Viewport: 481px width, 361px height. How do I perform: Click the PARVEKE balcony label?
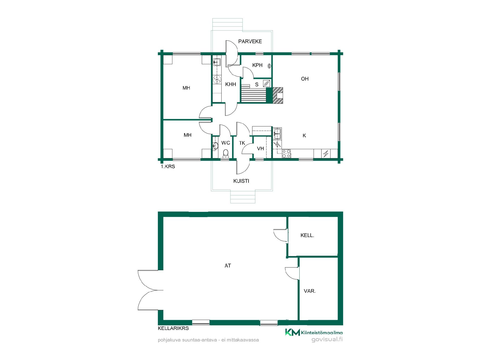pos(250,41)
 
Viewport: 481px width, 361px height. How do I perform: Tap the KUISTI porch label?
pos(241,181)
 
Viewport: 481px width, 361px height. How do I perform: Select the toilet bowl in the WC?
pos(226,153)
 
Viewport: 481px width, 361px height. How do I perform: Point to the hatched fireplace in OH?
pos(278,95)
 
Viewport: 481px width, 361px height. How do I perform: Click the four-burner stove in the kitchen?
pos(286,153)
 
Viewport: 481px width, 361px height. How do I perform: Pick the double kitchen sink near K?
pos(277,133)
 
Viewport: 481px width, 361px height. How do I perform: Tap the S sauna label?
pos(257,85)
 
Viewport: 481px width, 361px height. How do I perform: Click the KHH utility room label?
pos(230,84)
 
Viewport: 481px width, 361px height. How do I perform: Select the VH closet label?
pos(261,149)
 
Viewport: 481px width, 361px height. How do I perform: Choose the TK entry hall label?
pos(242,143)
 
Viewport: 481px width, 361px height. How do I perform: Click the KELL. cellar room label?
pos(307,235)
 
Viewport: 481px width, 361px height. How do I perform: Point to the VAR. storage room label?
pos(310,291)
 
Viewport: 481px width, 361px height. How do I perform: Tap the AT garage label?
pos(228,266)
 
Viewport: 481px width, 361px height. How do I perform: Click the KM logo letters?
pos(292,332)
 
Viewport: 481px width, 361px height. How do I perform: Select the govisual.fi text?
pos(327,340)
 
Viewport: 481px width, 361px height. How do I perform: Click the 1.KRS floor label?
pos(168,166)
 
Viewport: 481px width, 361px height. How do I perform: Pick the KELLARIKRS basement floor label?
pos(173,328)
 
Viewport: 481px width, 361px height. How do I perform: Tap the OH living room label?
pos(305,79)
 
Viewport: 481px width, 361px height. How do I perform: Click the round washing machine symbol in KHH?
pos(217,79)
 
